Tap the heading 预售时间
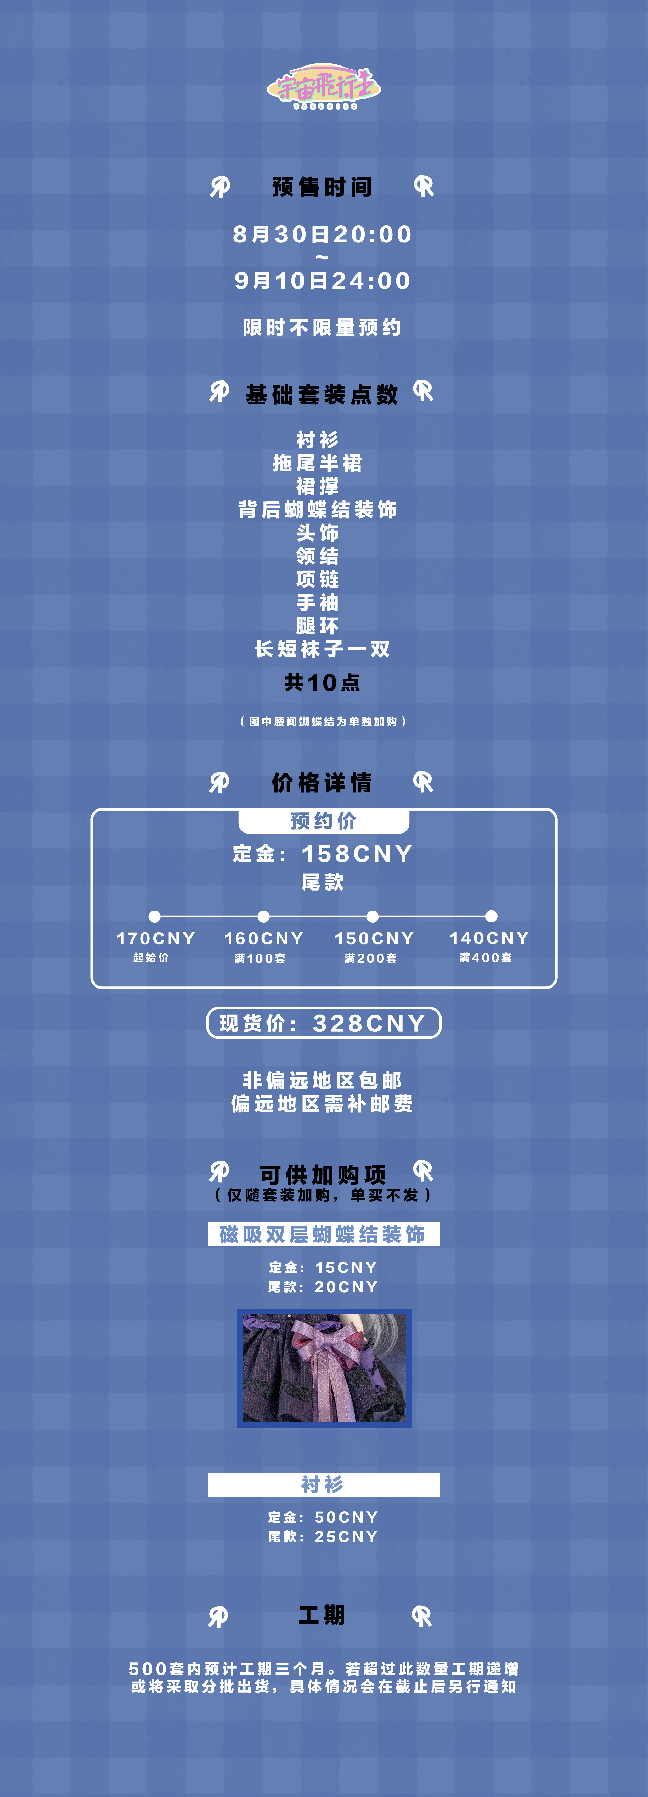point(322,187)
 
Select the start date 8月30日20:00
point(322,234)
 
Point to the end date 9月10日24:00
point(322,280)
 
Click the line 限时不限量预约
point(322,327)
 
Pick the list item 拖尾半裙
point(317,463)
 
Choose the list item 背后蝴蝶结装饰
point(317,509)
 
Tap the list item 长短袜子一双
point(322,649)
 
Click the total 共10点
point(322,682)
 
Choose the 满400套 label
point(485,958)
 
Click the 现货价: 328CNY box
point(324,1023)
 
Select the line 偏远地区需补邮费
point(322,1104)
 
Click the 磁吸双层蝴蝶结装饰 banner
point(324,1234)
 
